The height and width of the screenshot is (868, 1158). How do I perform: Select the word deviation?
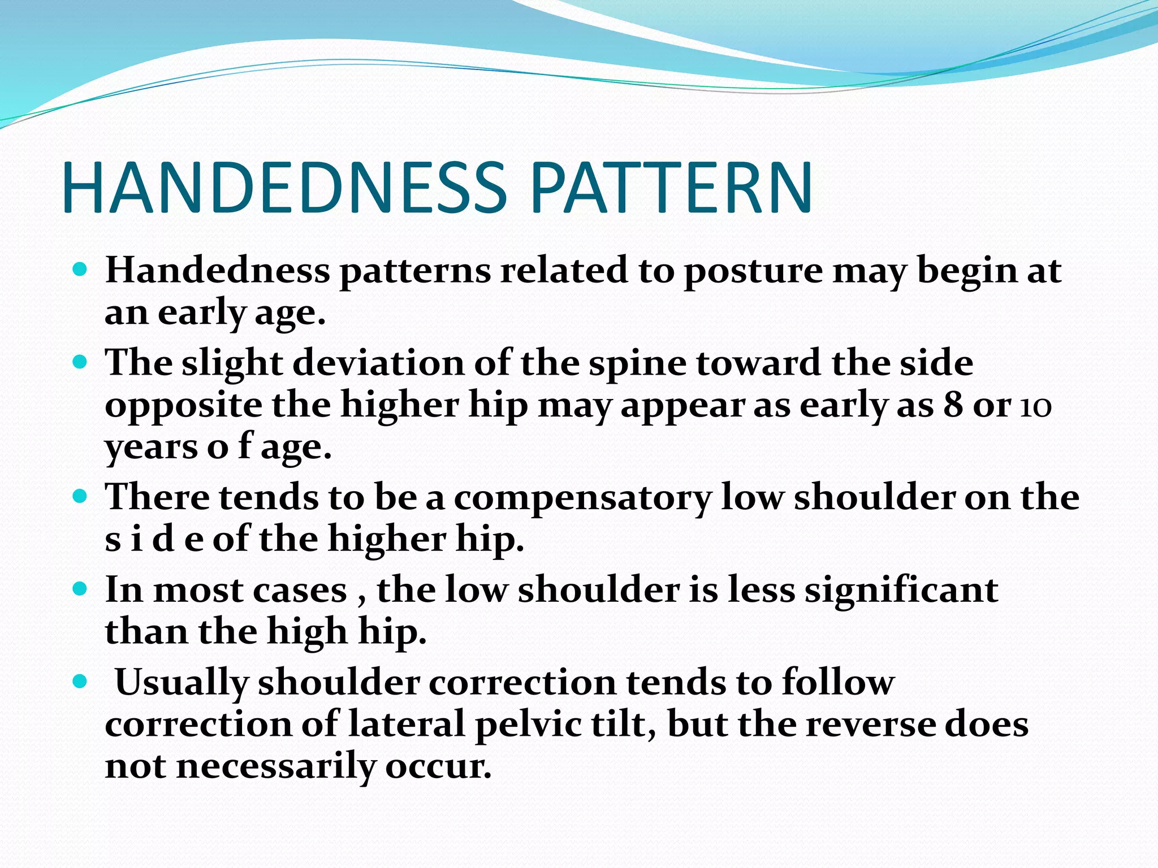click(378, 363)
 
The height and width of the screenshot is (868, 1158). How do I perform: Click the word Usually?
click(182, 683)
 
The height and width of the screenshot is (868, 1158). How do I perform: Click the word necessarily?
click(276, 767)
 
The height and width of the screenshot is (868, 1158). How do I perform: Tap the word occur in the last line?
click(438, 767)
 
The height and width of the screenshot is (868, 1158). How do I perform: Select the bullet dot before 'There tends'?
click(80, 496)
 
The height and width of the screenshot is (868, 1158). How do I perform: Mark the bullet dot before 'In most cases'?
click(80, 589)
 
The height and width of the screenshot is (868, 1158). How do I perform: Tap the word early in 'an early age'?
click(201, 313)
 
